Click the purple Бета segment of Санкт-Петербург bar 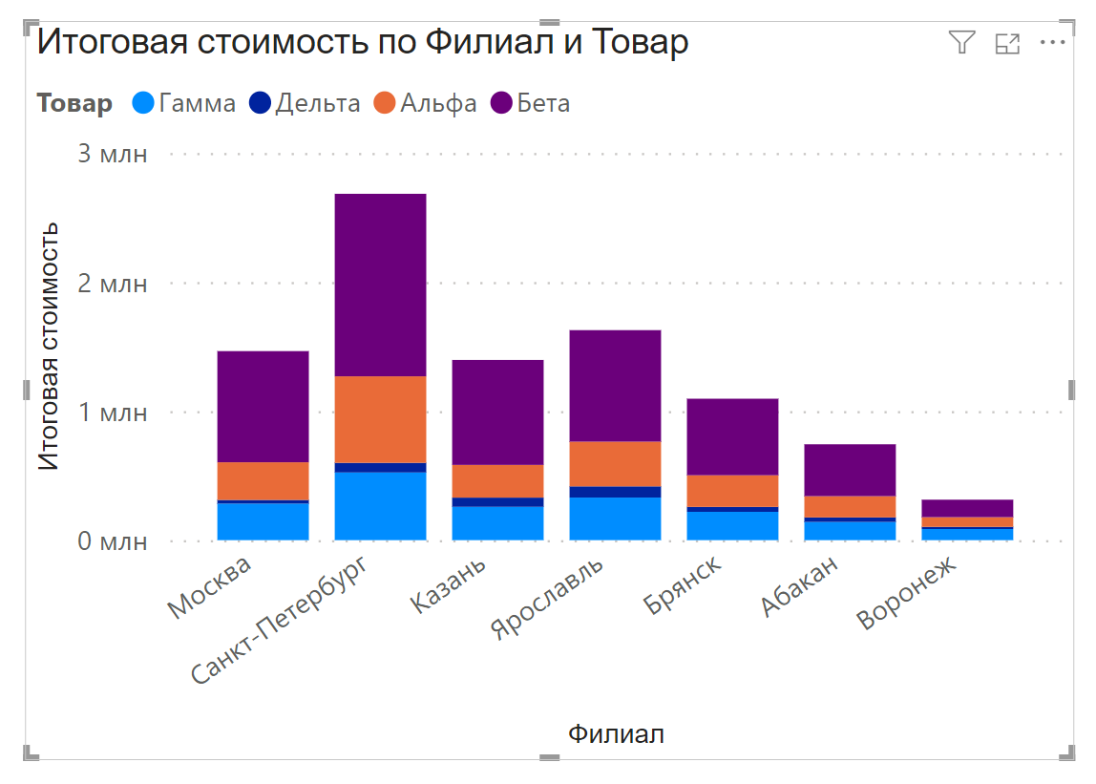click(x=380, y=285)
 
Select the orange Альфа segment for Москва click(x=263, y=480)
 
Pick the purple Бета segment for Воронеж click(x=967, y=508)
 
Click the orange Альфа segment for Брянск click(x=732, y=491)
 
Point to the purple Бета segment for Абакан click(x=850, y=470)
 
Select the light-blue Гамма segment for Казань click(x=497, y=523)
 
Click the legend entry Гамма click(x=184, y=103)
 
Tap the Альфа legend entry click(x=425, y=103)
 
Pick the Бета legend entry click(x=531, y=103)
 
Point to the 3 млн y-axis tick click(x=112, y=154)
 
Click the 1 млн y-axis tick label click(x=112, y=413)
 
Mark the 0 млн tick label click(x=112, y=542)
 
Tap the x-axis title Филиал click(x=616, y=734)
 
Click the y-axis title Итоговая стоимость click(x=50, y=346)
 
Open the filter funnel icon click(x=961, y=42)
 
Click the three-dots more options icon click(x=1052, y=42)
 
